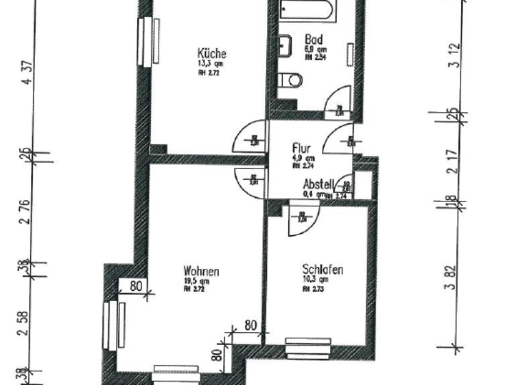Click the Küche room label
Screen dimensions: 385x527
(211, 54)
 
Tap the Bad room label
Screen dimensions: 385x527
(312, 41)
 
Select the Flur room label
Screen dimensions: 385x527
(302, 148)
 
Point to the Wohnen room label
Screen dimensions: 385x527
(202, 272)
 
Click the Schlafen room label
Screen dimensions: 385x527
(323, 270)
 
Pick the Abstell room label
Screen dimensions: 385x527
(318, 184)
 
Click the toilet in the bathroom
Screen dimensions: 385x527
(292, 81)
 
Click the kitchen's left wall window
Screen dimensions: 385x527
(147, 41)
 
